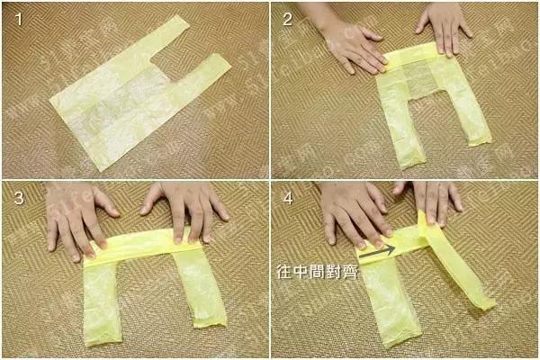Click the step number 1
click(15, 17)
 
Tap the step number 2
click(287, 17)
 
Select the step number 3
click(15, 199)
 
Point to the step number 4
click(287, 199)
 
